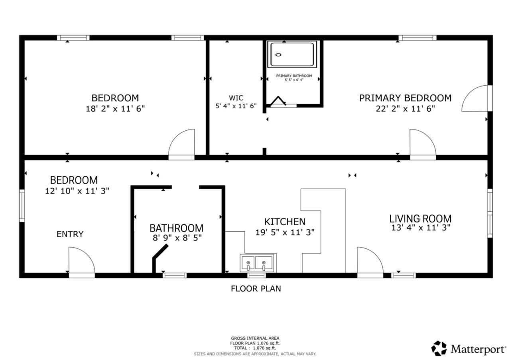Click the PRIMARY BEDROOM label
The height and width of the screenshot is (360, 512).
(x=405, y=98)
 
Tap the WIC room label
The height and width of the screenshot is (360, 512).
(x=236, y=98)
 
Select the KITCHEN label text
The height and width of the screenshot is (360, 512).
(x=285, y=222)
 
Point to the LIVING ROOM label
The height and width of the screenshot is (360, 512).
(x=420, y=218)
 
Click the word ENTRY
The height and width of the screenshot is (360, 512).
(x=70, y=234)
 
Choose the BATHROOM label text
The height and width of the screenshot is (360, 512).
(x=176, y=228)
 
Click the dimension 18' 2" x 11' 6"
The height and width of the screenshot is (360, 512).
(x=115, y=108)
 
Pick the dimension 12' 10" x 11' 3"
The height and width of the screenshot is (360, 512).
(x=77, y=191)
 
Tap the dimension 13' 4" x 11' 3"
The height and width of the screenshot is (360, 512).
(x=420, y=228)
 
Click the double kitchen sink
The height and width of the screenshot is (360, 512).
(x=256, y=263)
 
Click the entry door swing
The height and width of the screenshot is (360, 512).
(x=81, y=261)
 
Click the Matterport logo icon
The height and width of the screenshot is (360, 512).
(x=439, y=348)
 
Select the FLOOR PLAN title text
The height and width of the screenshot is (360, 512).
(x=256, y=289)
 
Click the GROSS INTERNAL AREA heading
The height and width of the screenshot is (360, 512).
(x=255, y=338)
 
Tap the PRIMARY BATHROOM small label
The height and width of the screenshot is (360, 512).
(x=294, y=76)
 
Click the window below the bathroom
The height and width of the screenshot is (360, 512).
(x=174, y=275)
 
